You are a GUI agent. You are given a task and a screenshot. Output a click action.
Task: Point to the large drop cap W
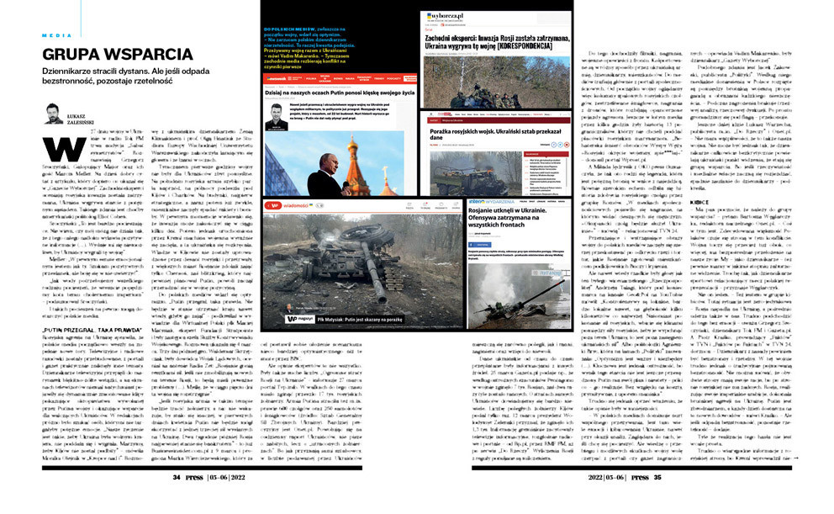(58, 152)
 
